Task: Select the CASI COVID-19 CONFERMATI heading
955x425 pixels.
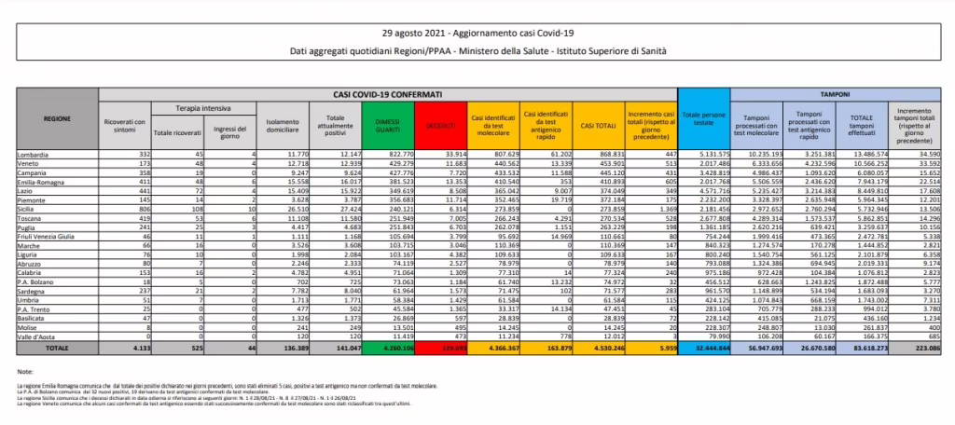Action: point(383,95)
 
